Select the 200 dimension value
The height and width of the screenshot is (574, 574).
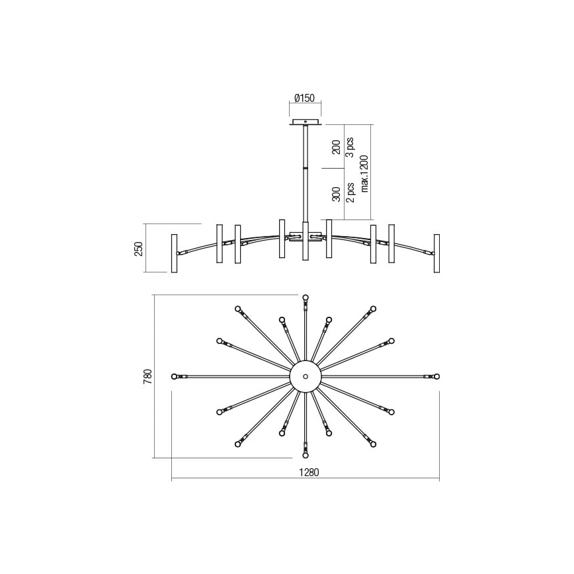pos(336,147)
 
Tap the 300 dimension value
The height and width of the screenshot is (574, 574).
pos(336,194)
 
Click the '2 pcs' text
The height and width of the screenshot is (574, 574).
pos(350,192)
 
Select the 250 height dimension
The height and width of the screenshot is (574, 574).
pos(138,248)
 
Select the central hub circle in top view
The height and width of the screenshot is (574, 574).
pos(306,376)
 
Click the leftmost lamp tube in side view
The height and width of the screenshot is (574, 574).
pos(175,253)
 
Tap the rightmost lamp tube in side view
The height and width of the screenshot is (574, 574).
pos(436,253)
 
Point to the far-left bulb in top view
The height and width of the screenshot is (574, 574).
pos(175,376)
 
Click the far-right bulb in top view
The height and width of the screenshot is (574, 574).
pos(436,376)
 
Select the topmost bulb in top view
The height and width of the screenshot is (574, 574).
pos(306,298)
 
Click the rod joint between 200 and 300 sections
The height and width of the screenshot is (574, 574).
pos(306,169)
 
